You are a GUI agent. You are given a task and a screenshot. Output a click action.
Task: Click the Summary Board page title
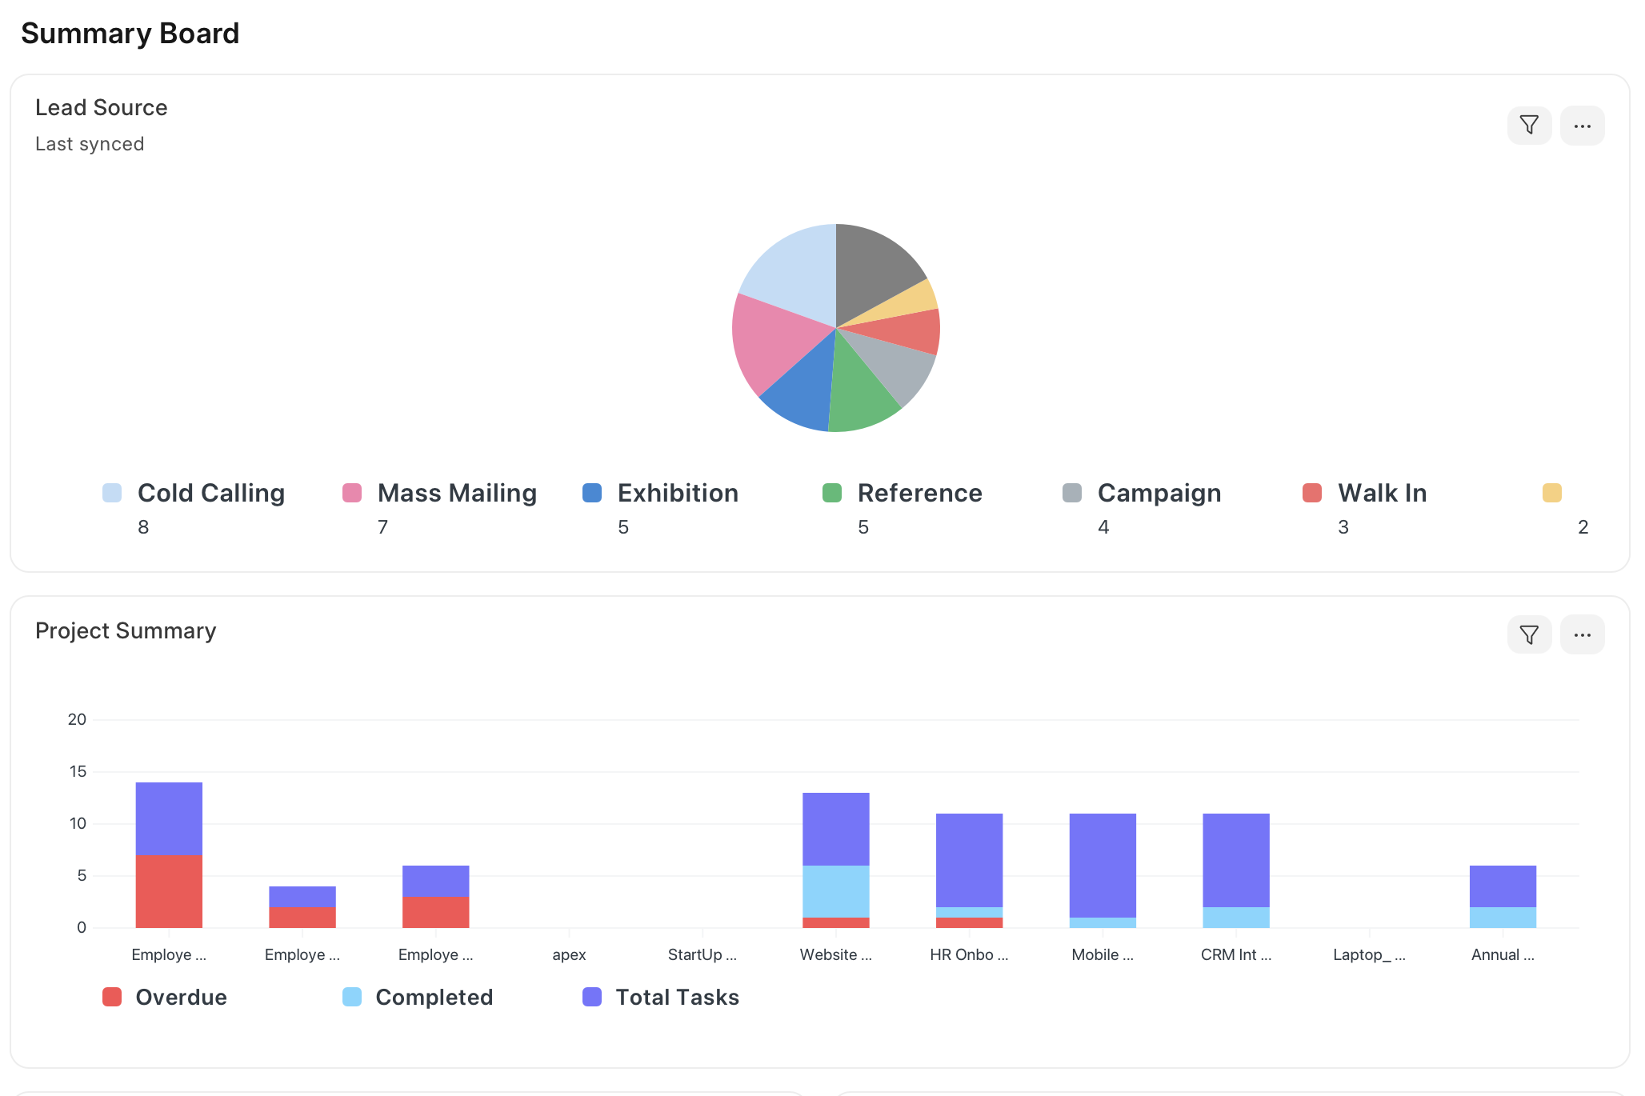point(130,34)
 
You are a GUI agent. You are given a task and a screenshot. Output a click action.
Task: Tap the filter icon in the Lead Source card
point(1529,126)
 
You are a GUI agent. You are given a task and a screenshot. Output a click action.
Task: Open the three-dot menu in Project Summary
point(1582,635)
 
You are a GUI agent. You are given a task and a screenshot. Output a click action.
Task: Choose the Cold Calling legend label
point(210,493)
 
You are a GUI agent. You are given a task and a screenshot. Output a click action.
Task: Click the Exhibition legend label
point(678,493)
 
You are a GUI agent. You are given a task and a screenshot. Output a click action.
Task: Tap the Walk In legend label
point(1382,493)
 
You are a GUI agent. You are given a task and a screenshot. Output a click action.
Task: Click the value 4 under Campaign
point(1103,527)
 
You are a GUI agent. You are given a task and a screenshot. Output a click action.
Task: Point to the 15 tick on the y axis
point(78,772)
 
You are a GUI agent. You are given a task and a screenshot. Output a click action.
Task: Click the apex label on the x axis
point(569,955)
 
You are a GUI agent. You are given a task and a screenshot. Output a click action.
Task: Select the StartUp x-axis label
point(702,955)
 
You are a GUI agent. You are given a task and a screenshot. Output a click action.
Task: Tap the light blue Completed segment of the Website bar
point(835,891)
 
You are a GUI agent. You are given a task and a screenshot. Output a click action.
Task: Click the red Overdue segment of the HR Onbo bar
point(969,923)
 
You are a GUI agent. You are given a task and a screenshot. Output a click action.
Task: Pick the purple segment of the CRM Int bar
point(1235,860)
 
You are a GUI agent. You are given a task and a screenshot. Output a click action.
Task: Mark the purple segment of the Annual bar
point(1503,886)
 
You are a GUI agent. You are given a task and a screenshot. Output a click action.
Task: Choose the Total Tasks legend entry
point(676,998)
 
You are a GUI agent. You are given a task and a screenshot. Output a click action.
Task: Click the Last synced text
point(90,144)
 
